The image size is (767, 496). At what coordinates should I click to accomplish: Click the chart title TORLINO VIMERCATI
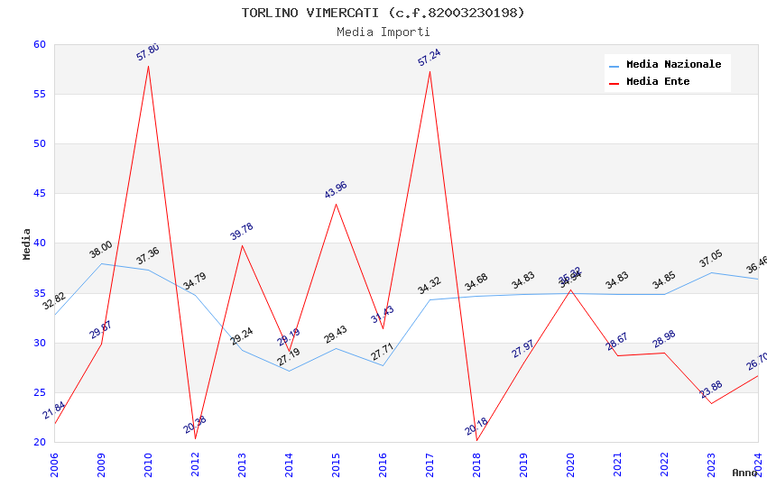383,13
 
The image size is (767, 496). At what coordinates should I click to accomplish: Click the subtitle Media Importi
383,32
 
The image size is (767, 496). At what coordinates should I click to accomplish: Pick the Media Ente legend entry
658,82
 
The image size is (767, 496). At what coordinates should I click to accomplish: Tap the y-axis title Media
27,243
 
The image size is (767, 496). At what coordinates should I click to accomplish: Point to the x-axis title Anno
744,473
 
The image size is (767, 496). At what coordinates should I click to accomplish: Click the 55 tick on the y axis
40,95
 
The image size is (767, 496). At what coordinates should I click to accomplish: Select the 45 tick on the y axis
40,194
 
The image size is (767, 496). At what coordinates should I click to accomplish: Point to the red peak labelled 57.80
148,66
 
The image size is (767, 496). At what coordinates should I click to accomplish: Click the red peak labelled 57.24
430,71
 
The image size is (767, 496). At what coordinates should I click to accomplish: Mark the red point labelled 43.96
336,204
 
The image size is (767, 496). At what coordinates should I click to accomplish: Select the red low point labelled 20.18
476,441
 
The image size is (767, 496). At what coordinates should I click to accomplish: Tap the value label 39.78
241,232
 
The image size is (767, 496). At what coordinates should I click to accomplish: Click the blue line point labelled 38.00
101,263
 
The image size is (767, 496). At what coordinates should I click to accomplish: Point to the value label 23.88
711,390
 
